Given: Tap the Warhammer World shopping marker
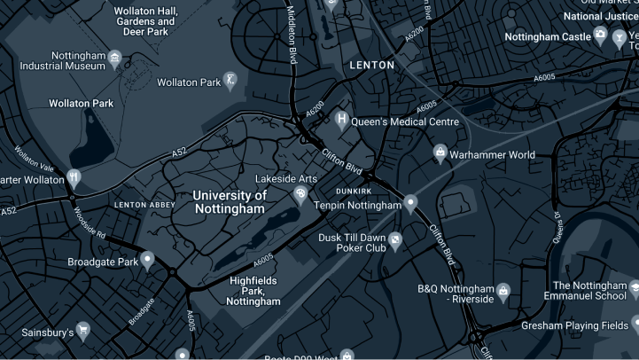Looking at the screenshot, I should coord(439,155).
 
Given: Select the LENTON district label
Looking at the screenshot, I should coord(371,66).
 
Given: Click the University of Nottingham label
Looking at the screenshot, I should coord(229,201).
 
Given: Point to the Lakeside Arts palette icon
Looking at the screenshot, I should coord(300,193).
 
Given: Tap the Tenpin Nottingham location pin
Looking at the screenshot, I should coord(410,205).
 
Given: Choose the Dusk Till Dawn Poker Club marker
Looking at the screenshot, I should coord(395,239).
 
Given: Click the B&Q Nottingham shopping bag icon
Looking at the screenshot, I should coord(503,291).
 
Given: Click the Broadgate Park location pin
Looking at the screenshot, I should coord(148,261).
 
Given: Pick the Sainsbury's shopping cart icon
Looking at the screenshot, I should coord(83,333).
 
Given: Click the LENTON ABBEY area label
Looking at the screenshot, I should coord(144,205).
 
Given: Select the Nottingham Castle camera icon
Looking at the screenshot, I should coord(601,36).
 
